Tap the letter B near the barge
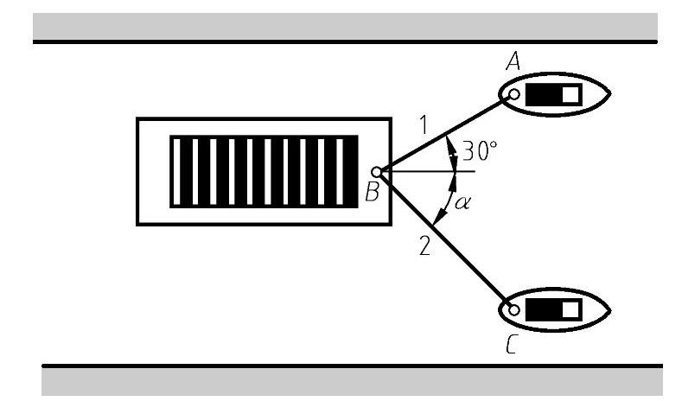click(372, 194)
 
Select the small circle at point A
click(513, 94)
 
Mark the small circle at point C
click(514, 309)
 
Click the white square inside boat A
click(570, 94)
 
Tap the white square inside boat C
click(570, 309)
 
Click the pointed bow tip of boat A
click(610, 93)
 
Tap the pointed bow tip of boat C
click(610, 309)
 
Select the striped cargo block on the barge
click(264, 171)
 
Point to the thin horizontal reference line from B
click(432, 172)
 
